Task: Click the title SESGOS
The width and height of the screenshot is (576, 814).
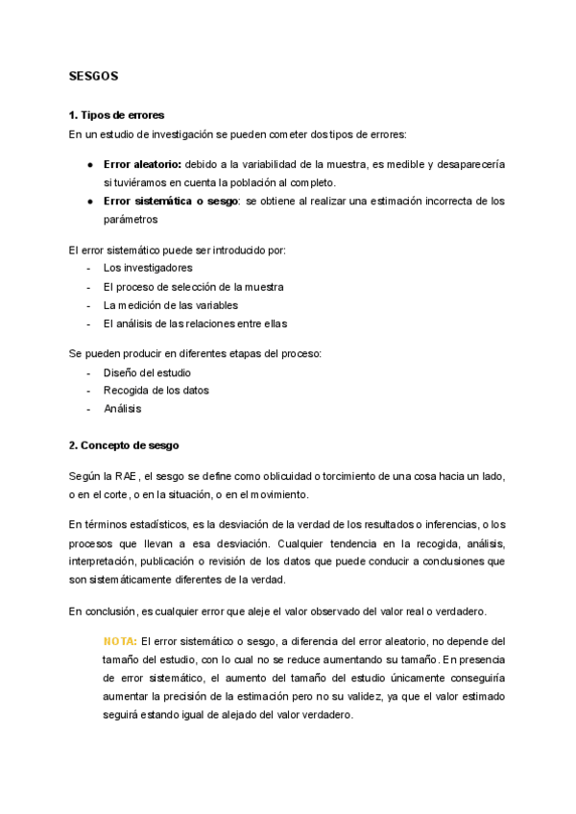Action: [x=93, y=76]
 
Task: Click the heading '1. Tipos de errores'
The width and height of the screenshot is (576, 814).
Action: [x=116, y=115]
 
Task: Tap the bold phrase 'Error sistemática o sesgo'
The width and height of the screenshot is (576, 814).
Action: [x=171, y=201]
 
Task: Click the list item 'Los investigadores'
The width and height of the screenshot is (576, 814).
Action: [x=148, y=267]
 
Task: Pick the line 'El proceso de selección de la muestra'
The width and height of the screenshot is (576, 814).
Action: [x=193, y=286]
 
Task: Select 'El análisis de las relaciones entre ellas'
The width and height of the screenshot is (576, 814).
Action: [x=195, y=323]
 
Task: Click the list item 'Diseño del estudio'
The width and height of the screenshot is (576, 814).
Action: [x=147, y=371]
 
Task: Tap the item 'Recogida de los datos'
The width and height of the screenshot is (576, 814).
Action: [x=156, y=390]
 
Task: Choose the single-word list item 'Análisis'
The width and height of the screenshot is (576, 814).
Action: [x=122, y=408]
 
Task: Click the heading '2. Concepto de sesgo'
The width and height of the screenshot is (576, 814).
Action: [x=123, y=445]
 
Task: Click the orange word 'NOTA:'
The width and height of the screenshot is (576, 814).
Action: [x=120, y=640]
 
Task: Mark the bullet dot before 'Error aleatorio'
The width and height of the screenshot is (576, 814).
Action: [x=89, y=164]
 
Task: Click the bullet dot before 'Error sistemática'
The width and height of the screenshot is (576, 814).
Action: [x=89, y=201]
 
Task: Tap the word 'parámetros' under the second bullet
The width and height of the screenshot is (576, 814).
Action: [x=130, y=219]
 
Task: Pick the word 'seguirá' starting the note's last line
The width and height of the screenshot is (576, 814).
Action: [x=121, y=714]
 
